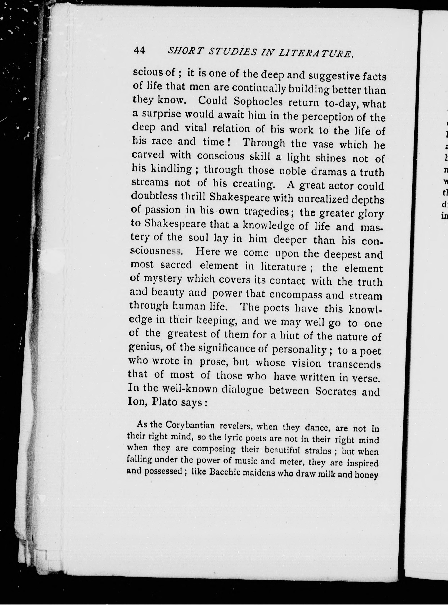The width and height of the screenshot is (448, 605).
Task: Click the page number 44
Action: [139, 50]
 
